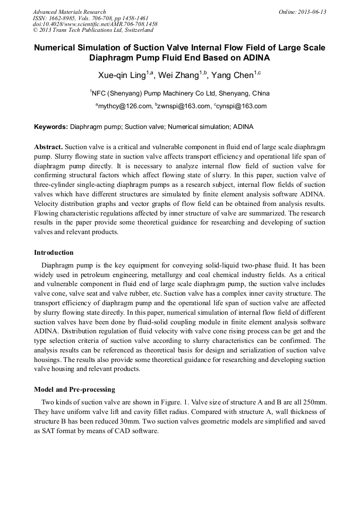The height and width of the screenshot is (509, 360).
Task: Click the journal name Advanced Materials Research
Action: (69, 12)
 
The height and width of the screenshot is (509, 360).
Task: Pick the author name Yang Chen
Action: (232, 75)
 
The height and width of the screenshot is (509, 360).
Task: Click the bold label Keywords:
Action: (51, 127)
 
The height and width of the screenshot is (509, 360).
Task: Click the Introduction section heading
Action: (54, 253)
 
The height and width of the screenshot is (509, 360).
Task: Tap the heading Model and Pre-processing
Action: (74, 390)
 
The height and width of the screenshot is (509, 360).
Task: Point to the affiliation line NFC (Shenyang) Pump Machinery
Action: (180, 93)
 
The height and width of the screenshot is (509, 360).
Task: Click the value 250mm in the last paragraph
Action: (314, 402)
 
